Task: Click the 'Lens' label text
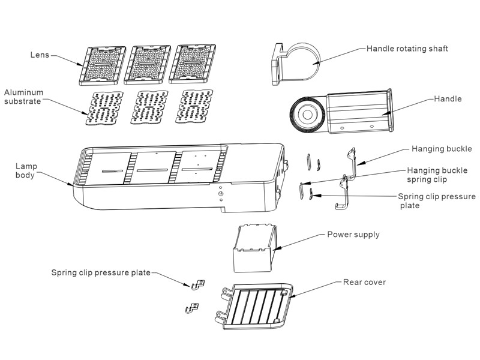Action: coord(40,55)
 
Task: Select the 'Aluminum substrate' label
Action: coord(25,97)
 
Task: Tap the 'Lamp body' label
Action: coord(25,170)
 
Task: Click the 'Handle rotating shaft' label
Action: coord(407,48)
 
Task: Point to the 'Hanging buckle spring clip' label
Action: coord(437,175)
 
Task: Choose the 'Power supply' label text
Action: coord(353,235)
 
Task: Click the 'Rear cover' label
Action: coord(364,281)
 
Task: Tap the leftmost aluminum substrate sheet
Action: coord(104,108)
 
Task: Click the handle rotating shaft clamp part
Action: coord(294,63)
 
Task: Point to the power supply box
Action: coord(253,246)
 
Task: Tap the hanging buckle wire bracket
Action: coord(346,177)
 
